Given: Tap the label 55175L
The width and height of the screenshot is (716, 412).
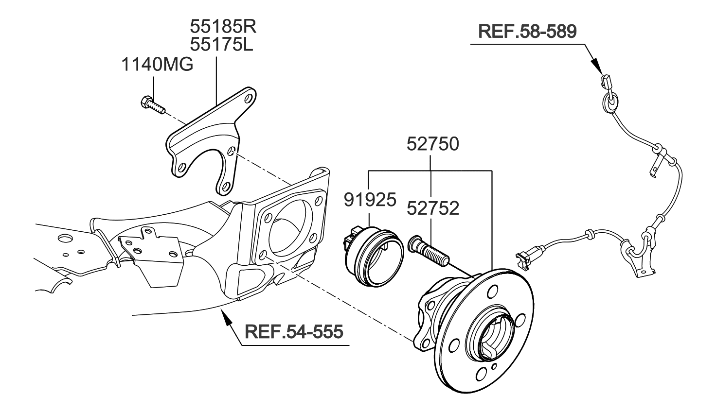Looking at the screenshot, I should [221, 45].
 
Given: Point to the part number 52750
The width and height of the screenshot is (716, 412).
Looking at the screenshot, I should [432, 144].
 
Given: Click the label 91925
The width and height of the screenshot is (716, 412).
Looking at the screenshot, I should [370, 199].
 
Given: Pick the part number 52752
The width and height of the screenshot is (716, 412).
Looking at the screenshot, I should [432, 208].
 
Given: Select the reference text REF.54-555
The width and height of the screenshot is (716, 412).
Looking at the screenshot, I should [294, 332].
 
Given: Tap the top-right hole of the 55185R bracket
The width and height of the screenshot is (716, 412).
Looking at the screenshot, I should [248, 99].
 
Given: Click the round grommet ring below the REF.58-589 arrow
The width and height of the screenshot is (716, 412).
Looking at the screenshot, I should [610, 102].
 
